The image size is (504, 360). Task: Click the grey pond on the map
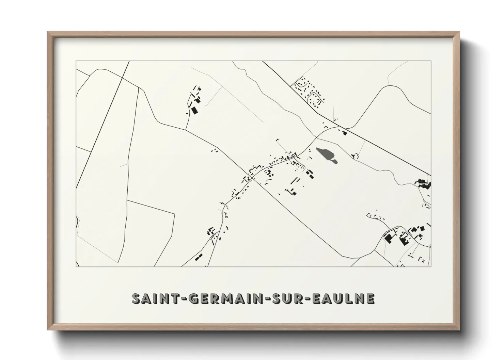pyautogui.click(x=327, y=154)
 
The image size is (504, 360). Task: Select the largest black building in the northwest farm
pyautogui.click(x=194, y=110)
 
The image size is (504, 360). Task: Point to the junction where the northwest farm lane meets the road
pyautogui.click(x=186, y=130)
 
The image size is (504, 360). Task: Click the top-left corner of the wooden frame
pyautogui.click(x=48, y=32)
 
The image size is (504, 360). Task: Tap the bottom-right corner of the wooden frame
pyautogui.click(x=459, y=330)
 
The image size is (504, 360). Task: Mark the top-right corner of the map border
pyautogui.click(x=431, y=61)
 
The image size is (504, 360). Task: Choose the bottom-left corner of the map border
pyautogui.click(x=76, y=267)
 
